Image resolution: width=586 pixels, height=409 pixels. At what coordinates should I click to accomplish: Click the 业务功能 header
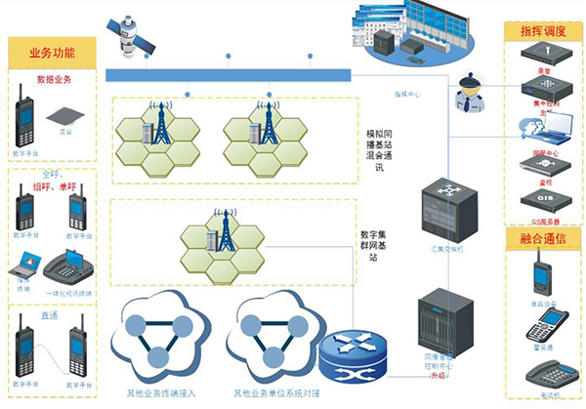point(52,52)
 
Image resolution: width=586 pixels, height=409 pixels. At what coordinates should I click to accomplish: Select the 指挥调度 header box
point(542,32)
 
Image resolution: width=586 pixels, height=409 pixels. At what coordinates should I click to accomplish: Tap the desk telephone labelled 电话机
point(542,374)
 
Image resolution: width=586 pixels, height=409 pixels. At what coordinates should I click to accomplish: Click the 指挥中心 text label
point(408,95)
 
